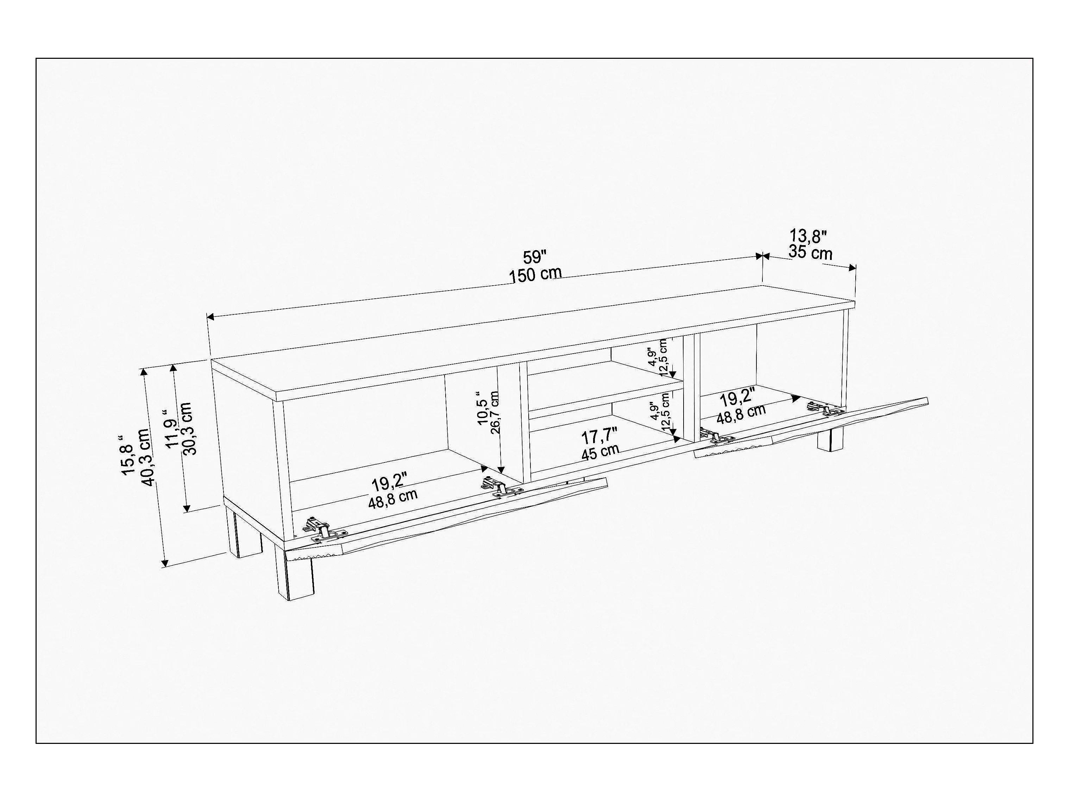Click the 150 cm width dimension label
coord(535,275)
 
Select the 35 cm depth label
coord(810,252)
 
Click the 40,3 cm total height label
coord(145,457)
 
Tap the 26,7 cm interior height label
coord(495,412)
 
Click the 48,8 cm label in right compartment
coord(741,415)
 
